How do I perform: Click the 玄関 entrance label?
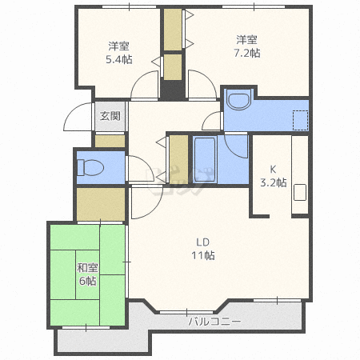pyautogui.click(x=110, y=116)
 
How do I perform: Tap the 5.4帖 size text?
pyautogui.click(x=119, y=59)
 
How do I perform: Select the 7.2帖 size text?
pyautogui.click(x=247, y=54)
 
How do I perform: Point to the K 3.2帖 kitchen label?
pyautogui.click(x=273, y=175)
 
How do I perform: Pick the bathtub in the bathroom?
pyautogui.click(x=206, y=159)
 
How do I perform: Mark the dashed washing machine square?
pyautogui.click(x=300, y=120)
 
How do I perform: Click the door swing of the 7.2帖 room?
pyautogui.click(x=200, y=84)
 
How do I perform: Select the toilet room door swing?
pyautogui.click(x=138, y=169)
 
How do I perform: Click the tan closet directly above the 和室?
pyautogui.click(x=101, y=203)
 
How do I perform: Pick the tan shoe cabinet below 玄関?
pyautogui.click(x=110, y=141)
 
